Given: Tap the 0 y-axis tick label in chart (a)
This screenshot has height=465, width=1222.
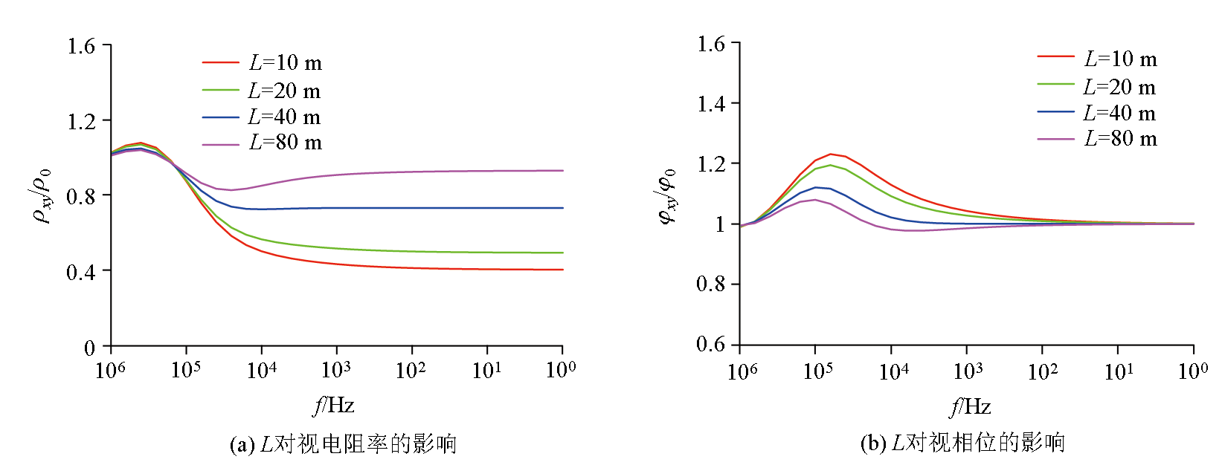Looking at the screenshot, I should click(89, 348).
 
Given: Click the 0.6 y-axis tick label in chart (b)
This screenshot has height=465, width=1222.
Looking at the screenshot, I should click(710, 344).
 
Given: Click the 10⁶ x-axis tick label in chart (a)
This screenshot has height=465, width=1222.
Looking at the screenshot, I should click(111, 369).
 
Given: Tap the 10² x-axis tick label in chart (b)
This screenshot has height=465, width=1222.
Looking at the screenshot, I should click(1043, 371).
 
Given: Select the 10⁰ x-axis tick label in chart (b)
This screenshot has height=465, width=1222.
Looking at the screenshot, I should click(1193, 371).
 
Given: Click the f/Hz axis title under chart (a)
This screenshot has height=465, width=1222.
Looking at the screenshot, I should click(333, 406).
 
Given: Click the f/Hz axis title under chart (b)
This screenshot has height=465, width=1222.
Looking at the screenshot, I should click(970, 407).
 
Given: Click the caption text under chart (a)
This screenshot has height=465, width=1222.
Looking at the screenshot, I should click(343, 444).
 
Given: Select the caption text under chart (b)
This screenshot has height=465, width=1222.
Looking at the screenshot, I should click(962, 443).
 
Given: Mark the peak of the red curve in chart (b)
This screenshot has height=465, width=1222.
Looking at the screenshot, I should click(831, 154).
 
